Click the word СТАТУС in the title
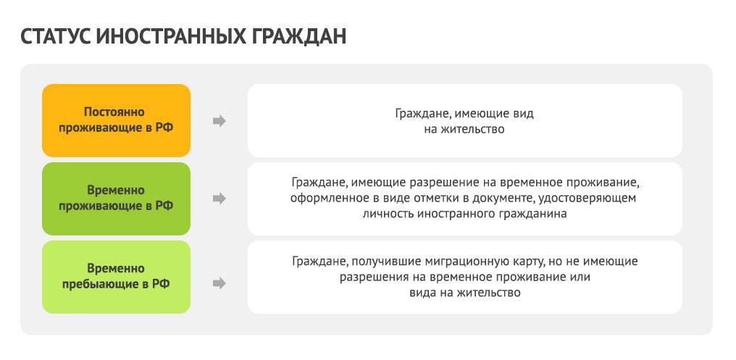[55, 37]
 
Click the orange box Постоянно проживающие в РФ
[117, 121]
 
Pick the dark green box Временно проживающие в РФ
[117, 198]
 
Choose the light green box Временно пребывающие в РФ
[117, 277]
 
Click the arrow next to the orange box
[219, 121]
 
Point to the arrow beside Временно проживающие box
[219, 199]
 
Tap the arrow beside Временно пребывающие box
[219, 283]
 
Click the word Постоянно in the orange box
[114, 112]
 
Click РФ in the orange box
[164, 127]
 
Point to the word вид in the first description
[524, 114]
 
